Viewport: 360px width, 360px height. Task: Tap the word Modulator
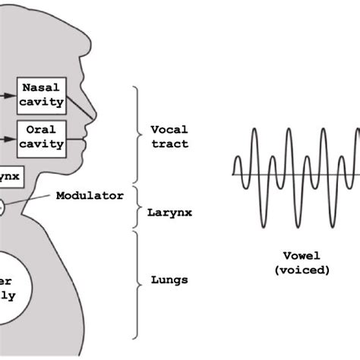(x=90, y=195)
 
